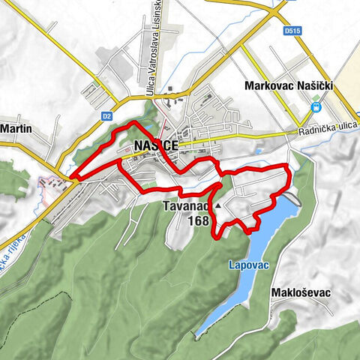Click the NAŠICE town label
pyautogui.click(x=155, y=146)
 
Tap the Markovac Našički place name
pyautogui.click(x=289, y=87)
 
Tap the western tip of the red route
pyautogui.click(x=73, y=178)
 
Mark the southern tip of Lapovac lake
pyautogui.click(x=198, y=333)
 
